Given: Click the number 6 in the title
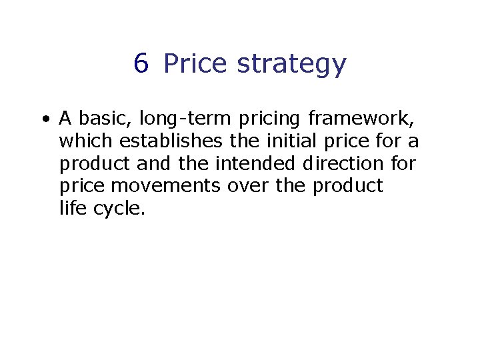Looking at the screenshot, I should point(141,64).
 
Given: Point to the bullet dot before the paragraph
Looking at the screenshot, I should point(45,120).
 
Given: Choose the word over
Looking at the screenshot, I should point(247,185).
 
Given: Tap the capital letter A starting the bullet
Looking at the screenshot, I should point(65,119).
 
